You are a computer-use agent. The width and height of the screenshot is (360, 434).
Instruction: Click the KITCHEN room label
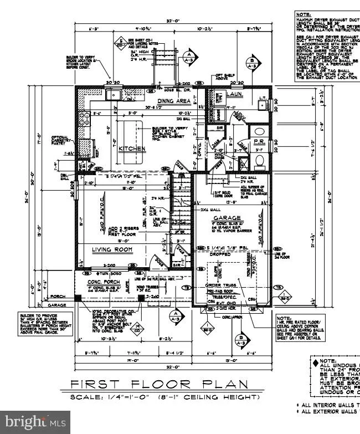132,149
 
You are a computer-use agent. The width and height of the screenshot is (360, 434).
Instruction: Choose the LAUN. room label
217,95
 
